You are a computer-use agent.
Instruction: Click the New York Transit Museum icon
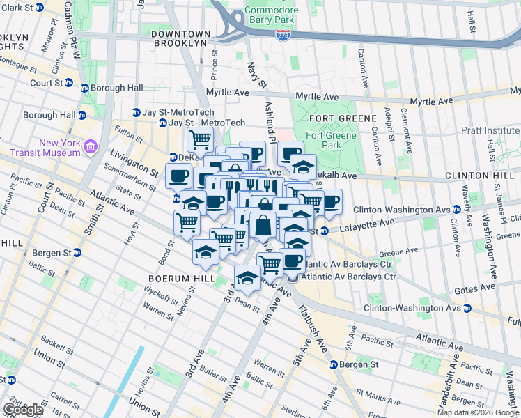91,147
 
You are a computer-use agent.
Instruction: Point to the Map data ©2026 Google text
478,412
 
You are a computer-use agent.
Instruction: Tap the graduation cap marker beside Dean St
247,278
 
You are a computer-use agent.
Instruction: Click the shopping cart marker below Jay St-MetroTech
200,139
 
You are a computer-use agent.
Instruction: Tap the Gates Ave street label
478,287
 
